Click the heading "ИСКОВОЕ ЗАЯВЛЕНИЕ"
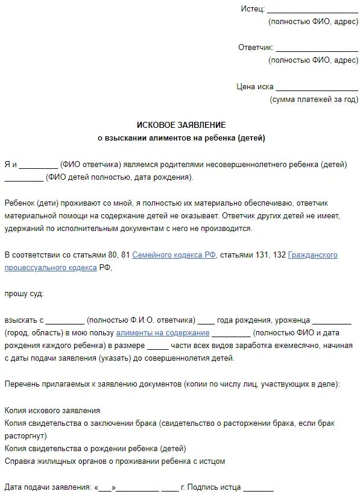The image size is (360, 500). point(181,125)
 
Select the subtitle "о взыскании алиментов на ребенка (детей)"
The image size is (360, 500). point(181,138)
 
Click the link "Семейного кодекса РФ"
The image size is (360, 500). point(166,255)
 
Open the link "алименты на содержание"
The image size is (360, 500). point(163,333)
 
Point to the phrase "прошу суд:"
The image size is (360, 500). point(24,294)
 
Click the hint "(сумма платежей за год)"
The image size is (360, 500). point(314,99)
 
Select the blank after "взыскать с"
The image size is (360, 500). point(65,320)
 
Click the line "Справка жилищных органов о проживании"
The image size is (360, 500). point(114,461)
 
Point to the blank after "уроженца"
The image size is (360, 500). point(332,320)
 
